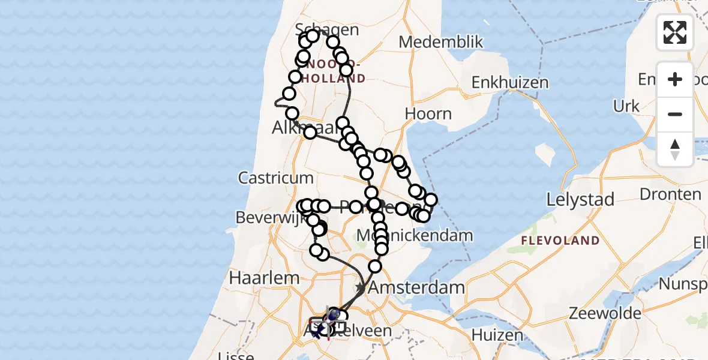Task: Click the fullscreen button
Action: (675, 32)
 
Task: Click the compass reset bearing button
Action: (675, 149)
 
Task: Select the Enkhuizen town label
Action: (510, 83)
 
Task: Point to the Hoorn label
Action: (428, 113)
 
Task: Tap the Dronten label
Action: (670, 194)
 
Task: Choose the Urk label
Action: (626, 106)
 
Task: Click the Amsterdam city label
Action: (416, 287)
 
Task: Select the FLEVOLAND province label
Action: (560, 241)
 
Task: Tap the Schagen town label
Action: (328, 30)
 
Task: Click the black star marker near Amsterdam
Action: (361, 288)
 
